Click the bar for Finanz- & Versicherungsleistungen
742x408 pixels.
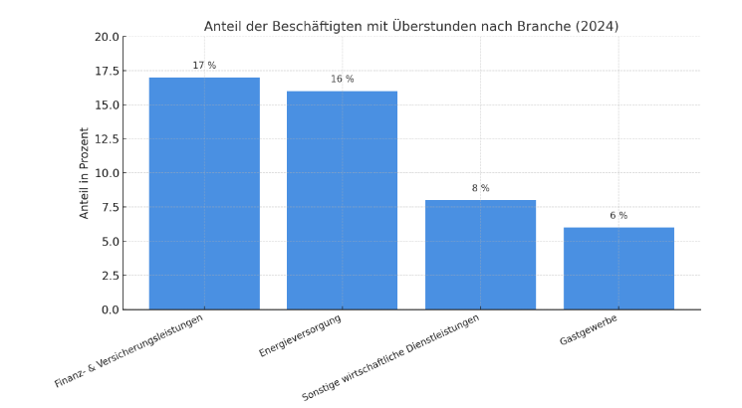click(204, 193)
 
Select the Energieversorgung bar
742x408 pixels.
click(342, 200)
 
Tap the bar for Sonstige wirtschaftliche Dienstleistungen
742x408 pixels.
click(480, 255)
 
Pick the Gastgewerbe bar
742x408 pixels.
click(618, 269)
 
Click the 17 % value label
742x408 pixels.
click(204, 66)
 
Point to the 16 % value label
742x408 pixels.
click(342, 80)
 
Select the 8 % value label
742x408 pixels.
click(480, 188)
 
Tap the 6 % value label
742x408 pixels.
click(618, 216)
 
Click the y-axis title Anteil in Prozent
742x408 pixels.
click(85, 173)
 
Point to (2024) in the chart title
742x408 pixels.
click(597, 27)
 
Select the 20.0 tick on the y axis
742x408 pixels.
click(107, 37)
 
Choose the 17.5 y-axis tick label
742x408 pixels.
click(107, 72)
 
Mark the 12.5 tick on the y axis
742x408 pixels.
click(107, 139)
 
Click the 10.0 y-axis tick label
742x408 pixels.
click(107, 173)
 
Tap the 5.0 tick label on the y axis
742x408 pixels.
click(110, 242)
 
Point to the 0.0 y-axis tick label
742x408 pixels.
click(110, 309)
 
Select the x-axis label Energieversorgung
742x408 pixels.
click(300, 336)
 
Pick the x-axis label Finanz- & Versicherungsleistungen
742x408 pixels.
click(129, 351)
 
